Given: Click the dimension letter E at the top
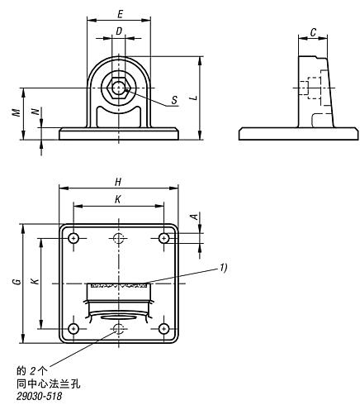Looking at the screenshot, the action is [120, 14].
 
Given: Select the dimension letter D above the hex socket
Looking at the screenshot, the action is [119, 31].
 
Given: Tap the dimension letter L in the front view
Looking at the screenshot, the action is [195, 98].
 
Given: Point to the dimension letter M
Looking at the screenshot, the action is [17, 112].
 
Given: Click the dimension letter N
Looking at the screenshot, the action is [35, 112].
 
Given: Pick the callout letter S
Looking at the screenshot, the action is [174, 100].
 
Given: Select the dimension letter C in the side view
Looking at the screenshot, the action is [313, 32].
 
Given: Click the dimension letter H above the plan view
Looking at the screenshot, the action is [118, 182].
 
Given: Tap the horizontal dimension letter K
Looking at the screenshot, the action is [118, 199].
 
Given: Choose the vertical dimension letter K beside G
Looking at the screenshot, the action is [35, 281].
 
